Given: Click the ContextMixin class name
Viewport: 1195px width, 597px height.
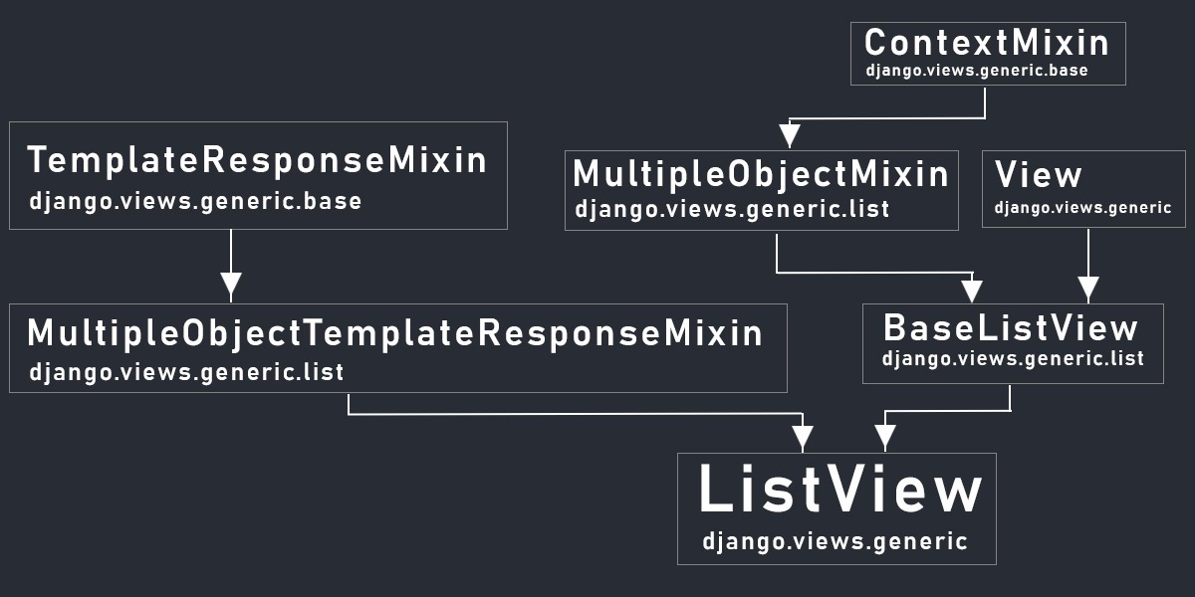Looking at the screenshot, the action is [x=987, y=42].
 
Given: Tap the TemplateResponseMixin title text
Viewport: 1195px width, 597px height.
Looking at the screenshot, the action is [x=257, y=160].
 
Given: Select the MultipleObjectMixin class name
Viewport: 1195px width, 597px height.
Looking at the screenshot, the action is [x=761, y=174].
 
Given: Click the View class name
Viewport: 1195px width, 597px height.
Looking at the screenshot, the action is [x=1038, y=174].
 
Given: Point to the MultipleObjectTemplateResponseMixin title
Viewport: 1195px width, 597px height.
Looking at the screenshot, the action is [x=394, y=333].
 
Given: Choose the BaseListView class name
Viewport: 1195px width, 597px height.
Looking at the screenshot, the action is [x=1011, y=327].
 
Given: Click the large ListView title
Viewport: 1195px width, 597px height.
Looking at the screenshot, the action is [x=840, y=489].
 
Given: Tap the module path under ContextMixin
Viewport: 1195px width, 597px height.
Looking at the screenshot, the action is [x=977, y=71].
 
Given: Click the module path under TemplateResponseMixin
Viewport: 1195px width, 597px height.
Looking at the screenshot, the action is [x=195, y=202].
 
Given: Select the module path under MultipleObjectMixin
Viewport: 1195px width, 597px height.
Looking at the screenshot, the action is [x=732, y=209].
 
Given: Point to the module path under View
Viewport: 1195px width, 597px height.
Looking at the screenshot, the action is [x=1083, y=207].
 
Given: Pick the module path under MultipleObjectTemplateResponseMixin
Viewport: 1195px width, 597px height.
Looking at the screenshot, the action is [x=186, y=372].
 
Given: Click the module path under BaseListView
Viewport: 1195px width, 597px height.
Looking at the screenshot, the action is [x=1013, y=359].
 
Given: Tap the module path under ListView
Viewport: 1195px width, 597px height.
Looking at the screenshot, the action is [x=835, y=541].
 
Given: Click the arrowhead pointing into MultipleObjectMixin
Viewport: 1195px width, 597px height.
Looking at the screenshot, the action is [x=790, y=135].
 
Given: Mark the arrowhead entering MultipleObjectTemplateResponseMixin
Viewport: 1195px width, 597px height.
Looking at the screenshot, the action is [x=231, y=286].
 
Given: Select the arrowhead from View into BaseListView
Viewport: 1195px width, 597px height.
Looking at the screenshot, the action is [x=1088, y=289].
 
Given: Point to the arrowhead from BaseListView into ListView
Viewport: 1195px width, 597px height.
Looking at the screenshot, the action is [x=885, y=437].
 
